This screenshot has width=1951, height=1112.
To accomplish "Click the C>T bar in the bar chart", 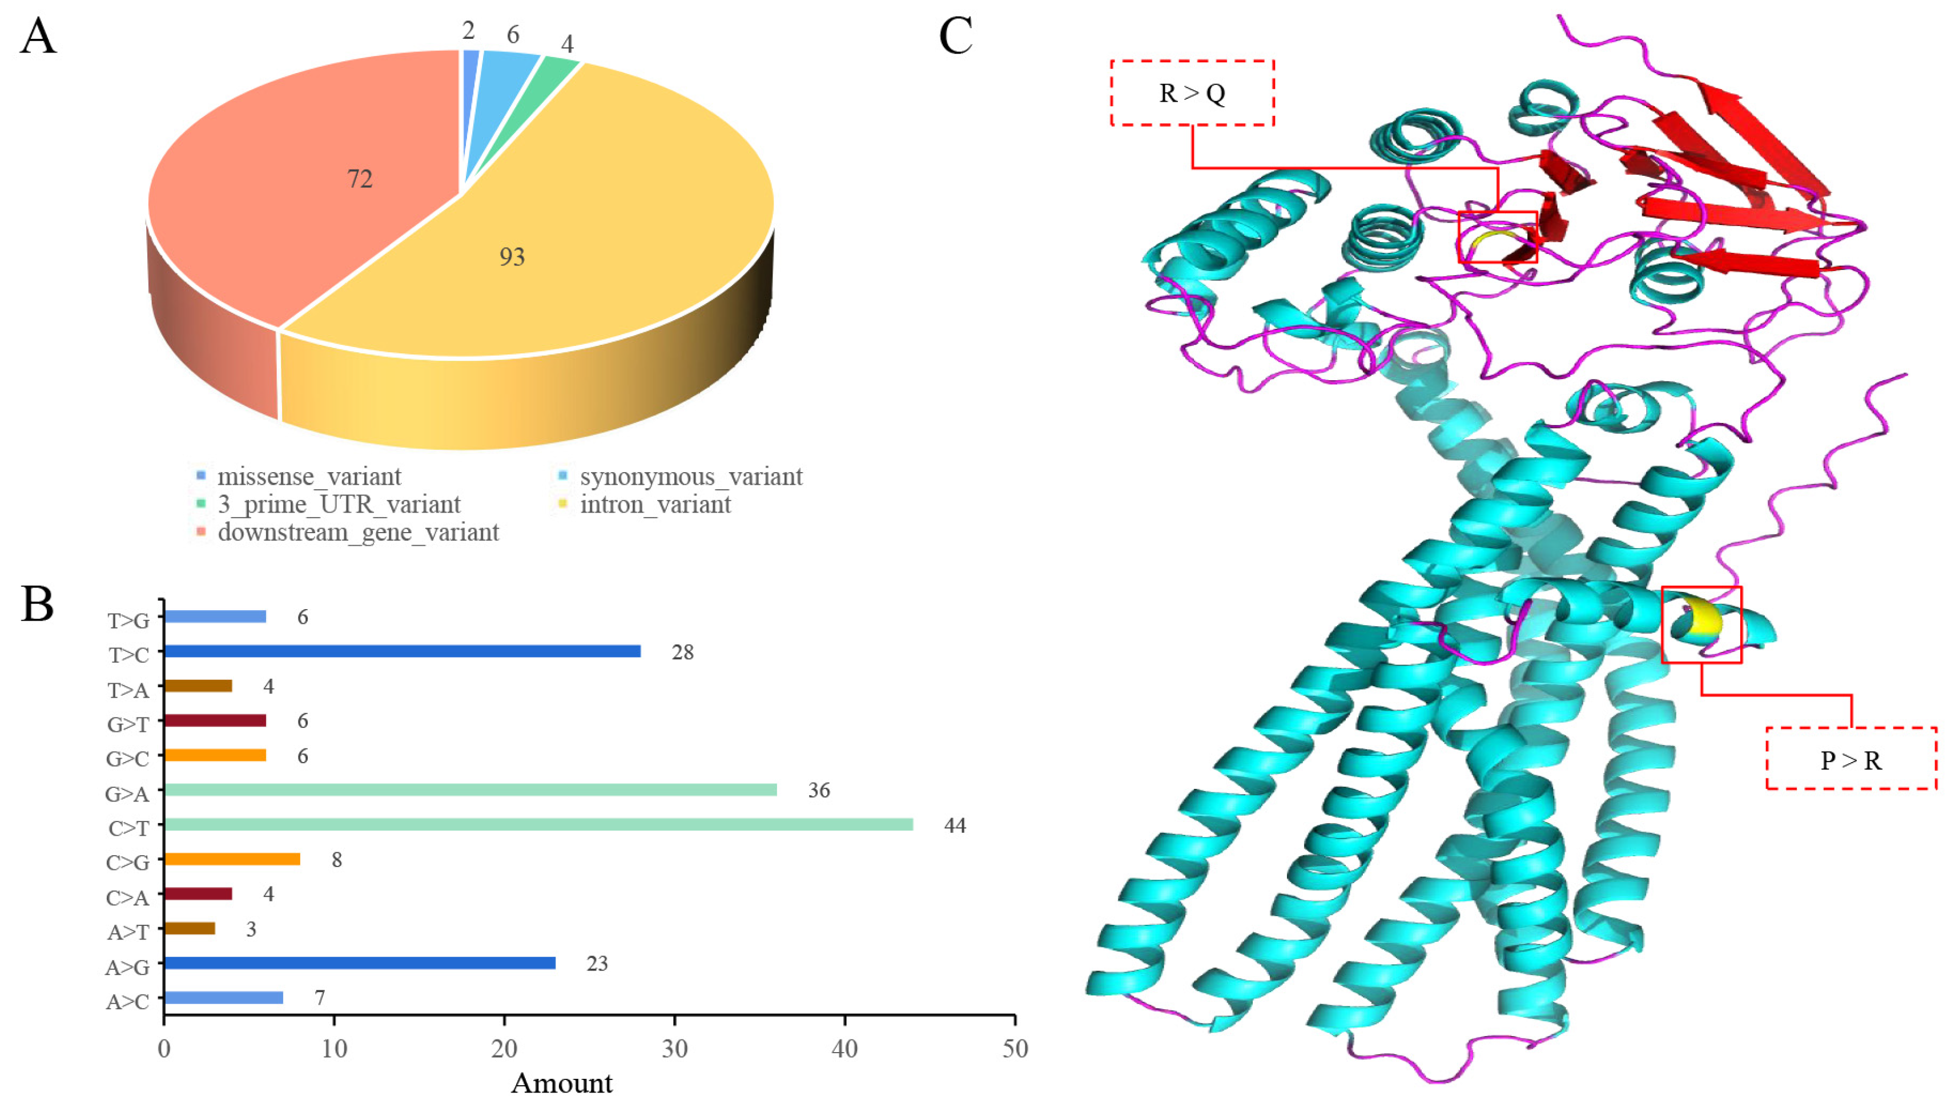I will (538, 824).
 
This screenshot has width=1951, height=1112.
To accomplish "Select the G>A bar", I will (470, 789).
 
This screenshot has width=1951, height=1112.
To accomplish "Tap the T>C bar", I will (403, 651).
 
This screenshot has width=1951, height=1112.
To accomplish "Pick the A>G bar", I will (360, 962).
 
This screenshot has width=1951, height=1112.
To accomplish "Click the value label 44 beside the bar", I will (954, 825).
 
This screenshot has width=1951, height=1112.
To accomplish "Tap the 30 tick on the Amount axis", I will (674, 1049).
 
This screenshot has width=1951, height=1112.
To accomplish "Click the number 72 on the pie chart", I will (360, 179).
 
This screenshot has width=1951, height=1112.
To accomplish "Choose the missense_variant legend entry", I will (309, 477).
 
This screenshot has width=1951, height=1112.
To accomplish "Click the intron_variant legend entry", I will (655, 504).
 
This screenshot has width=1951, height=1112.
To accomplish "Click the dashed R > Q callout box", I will (1192, 92).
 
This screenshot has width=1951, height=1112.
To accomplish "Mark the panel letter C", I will (955, 36).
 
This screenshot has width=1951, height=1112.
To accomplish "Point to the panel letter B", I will (38, 603).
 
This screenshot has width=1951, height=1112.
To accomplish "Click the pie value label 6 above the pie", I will (513, 34).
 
